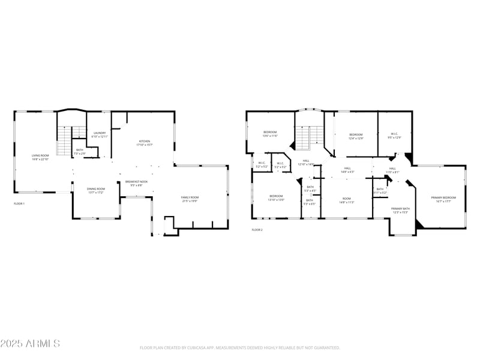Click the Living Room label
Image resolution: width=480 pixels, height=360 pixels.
click(40, 157)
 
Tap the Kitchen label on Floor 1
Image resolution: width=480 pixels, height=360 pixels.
click(145, 143)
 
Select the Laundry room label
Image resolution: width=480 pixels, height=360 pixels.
click(100, 134)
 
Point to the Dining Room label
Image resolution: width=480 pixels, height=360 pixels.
click(96, 191)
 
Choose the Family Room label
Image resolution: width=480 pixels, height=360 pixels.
click(190, 199)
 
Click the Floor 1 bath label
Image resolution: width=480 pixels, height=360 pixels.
click(80, 151)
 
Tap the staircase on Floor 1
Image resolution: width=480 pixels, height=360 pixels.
click(64, 142)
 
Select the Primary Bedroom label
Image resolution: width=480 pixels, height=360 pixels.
click(443, 199)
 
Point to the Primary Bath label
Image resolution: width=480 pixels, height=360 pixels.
click(400, 210)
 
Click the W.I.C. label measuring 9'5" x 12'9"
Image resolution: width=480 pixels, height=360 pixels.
click(394, 136)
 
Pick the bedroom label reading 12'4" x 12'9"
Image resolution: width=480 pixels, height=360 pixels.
click(356, 136)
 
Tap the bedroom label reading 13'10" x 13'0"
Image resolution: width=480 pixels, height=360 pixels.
click(276, 197)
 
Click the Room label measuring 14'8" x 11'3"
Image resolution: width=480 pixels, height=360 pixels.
click(347, 200)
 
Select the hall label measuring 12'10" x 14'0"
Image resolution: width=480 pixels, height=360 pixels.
click(306, 162)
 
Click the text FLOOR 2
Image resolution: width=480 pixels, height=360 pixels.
click(257, 230)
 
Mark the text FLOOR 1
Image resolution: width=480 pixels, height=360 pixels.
click(20, 204)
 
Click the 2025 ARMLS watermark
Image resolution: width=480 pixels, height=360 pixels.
click(30, 344)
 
